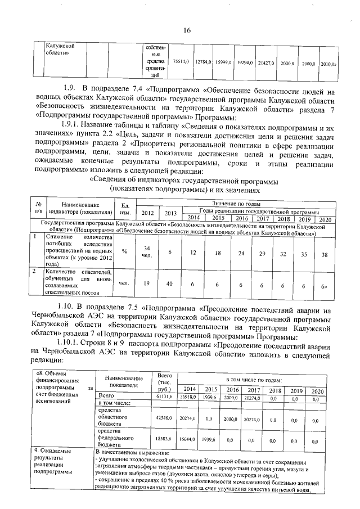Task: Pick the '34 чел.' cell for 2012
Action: pos(147,251)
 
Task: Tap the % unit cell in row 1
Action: pos(124,251)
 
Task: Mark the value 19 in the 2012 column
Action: pos(146,283)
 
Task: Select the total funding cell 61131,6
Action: pos(165,397)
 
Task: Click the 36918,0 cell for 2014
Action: pos(188,397)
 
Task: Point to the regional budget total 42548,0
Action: pos(165,418)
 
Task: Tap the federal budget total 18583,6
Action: pos(165,442)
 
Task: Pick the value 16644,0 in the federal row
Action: pos(188,442)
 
